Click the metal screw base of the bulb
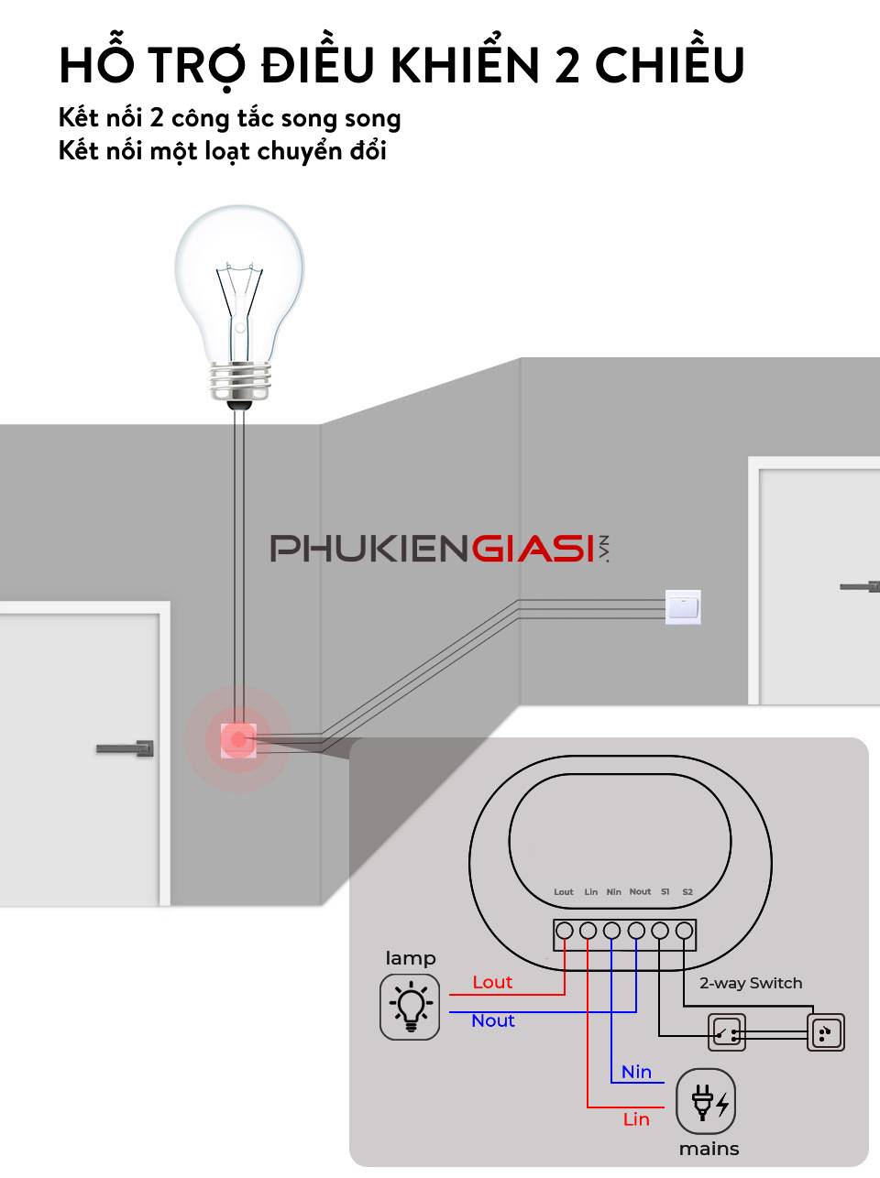(240, 380)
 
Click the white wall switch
(683, 606)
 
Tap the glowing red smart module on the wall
(238, 739)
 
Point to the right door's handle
(860, 586)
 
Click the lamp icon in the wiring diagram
(410, 1007)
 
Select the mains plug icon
(706, 1102)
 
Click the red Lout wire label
(492, 982)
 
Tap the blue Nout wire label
(493, 1020)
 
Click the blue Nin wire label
(636, 1072)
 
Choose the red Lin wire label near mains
(636, 1119)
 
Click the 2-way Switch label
(751, 983)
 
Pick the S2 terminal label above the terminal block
(687, 892)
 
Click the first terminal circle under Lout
(565, 932)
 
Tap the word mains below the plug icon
(709, 1149)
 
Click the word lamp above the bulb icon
(410, 958)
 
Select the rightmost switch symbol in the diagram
(825, 1033)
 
